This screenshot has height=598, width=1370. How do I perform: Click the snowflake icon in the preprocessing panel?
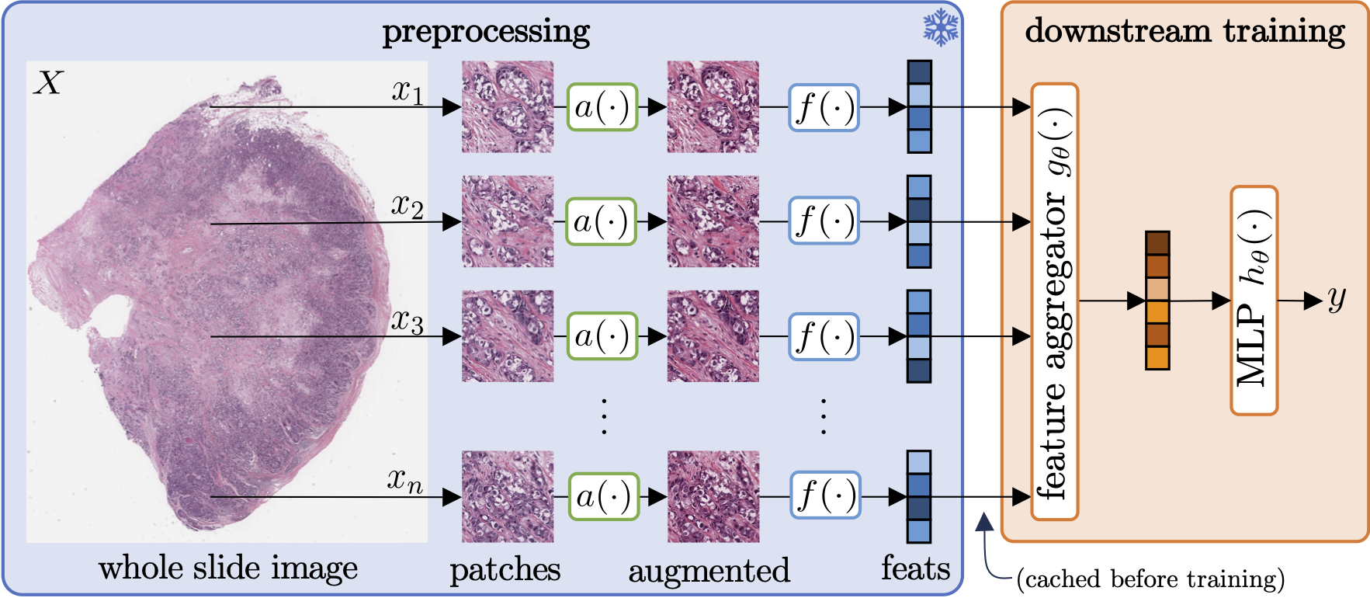(940, 28)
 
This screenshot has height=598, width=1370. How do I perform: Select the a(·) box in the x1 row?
(602, 107)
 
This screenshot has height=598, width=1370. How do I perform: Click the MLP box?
(1254, 301)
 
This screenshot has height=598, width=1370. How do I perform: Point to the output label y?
(1336, 298)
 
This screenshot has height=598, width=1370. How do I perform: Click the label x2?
(408, 205)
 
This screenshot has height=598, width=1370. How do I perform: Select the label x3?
(408, 320)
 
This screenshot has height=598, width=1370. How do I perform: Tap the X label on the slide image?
(48, 82)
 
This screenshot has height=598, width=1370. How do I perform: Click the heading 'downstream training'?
(1184, 31)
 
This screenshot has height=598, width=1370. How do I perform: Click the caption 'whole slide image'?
(228, 568)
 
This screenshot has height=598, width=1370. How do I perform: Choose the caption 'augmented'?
(709, 571)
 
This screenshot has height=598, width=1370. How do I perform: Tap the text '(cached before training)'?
(1150, 579)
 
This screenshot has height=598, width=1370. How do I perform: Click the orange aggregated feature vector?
(1157, 301)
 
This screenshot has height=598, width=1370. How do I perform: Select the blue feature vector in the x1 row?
(919, 107)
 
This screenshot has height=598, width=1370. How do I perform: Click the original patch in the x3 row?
(508, 336)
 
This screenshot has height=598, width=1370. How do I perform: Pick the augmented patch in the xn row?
(713, 497)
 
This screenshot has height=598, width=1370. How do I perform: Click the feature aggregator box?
(1054, 301)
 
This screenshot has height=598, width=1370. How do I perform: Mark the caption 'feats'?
(915, 568)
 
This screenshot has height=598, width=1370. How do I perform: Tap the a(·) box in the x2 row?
(601, 221)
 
